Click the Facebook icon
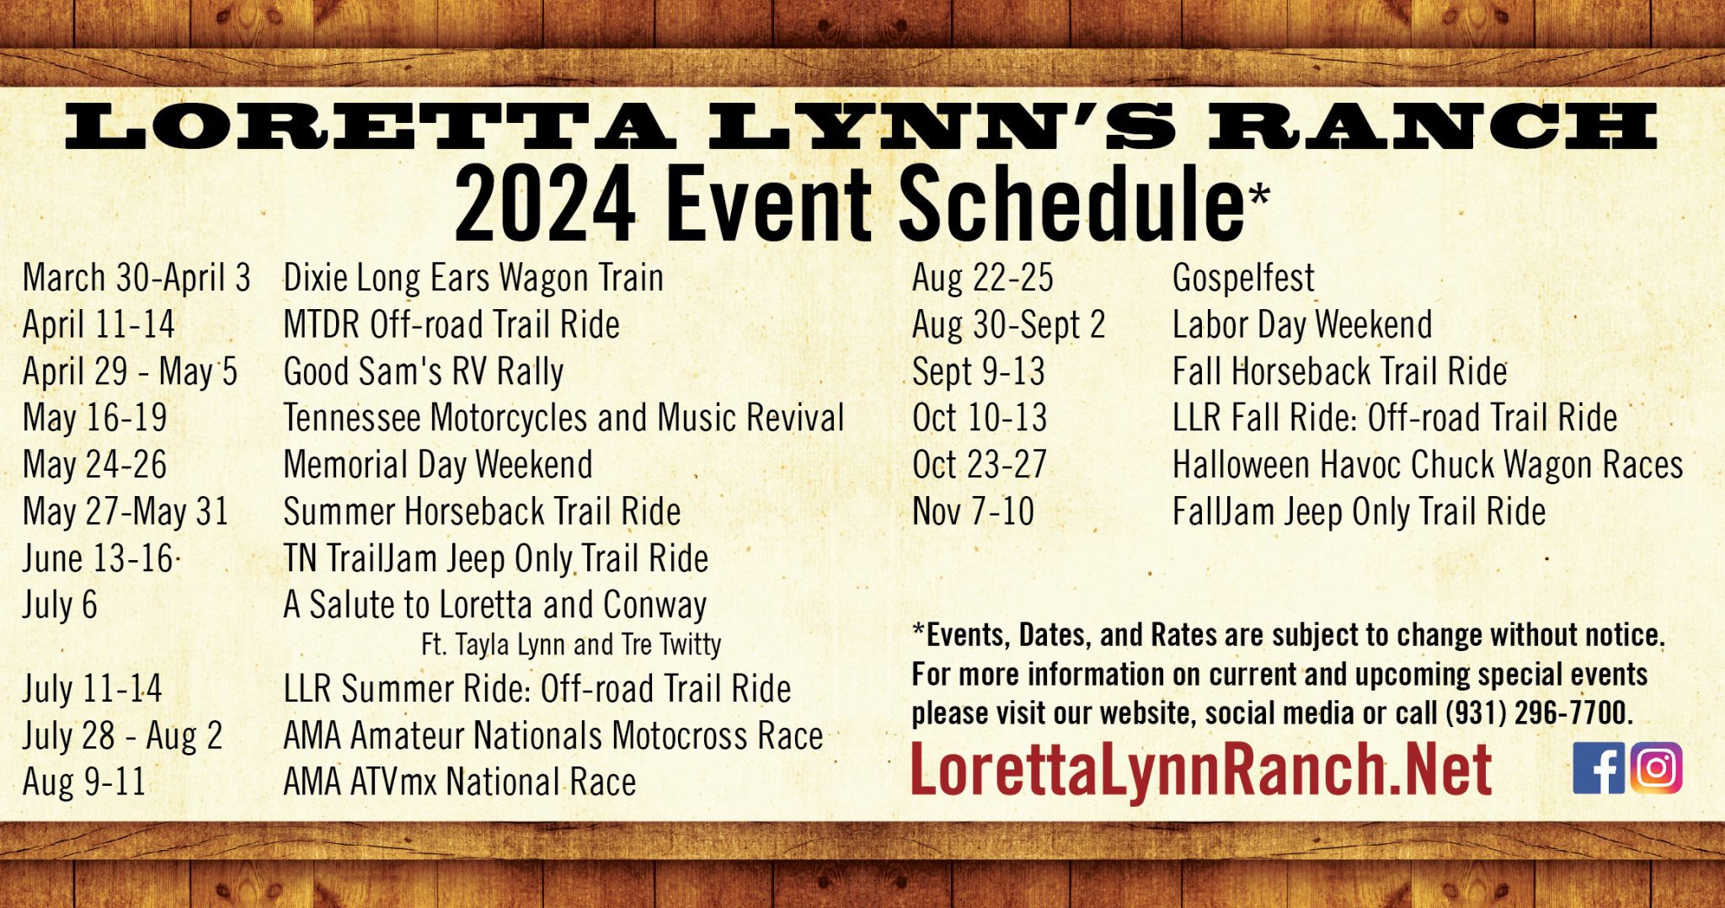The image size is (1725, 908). tap(1599, 768)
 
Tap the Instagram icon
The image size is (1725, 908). tap(1656, 768)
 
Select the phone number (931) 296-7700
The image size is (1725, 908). tap(1539, 713)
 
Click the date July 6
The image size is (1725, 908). tap(60, 605)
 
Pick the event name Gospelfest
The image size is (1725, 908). tap(1243, 279)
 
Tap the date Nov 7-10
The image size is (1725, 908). tap(973, 511)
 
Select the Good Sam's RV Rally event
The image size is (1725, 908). tap(424, 372)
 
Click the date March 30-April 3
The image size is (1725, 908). tap(136, 278)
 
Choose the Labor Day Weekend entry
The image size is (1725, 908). tap(1302, 325)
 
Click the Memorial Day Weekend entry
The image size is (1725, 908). tap(438, 465)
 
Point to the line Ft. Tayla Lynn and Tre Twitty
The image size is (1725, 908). tap(571, 644)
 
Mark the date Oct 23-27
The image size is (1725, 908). tap(980, 465)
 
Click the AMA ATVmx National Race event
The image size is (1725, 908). tap(460, 782)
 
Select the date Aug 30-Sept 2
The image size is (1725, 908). tap(1008, 325)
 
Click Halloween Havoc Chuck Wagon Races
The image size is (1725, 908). tap(1428, 465)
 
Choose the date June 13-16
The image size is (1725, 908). tap(98, 558)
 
